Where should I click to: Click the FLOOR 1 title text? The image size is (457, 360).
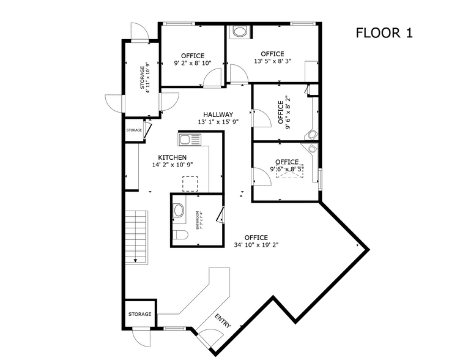pyautogui.click(x=384, y=33)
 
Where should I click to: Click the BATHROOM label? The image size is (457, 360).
pyautogui.click(x=196, y=220)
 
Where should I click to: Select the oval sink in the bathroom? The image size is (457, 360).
pyautogui.click(x=179, y=211)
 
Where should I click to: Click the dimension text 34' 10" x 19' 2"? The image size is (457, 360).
pyautogui.click(x=256, y=246)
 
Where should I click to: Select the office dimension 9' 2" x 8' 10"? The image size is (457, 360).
pyautogui.click(x=193, y=63)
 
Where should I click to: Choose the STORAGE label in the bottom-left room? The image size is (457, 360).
pyautogui.click(x=139, y=314)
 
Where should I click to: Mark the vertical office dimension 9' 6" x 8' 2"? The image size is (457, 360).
pyautogui.click(x=289, y=113)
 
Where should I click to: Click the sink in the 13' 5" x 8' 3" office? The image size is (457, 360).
pyautogui.click(x=239, y=32)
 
